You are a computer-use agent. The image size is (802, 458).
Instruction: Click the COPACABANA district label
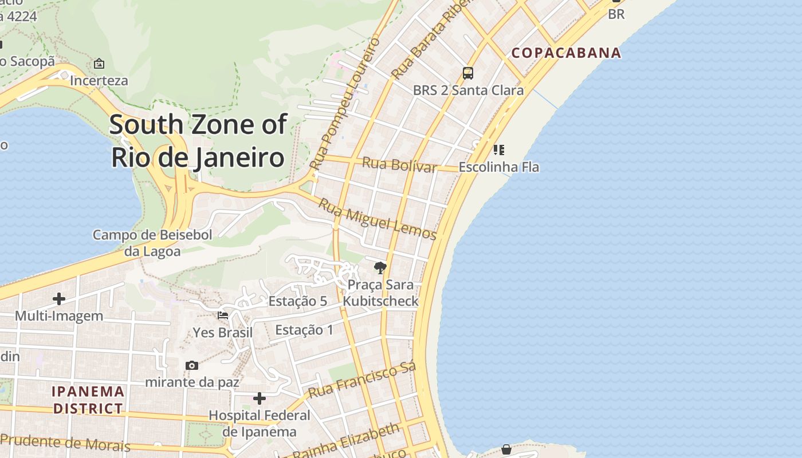pyautogui.click(x=566, y=53)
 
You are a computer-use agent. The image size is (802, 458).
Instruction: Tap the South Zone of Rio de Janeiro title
pyautogui.click(x=198, y=141)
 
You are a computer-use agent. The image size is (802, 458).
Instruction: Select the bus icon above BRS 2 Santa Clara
pyautogui.click(x=468, y=73)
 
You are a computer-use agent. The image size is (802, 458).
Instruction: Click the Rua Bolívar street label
pyautogui.click(x=399, y=165)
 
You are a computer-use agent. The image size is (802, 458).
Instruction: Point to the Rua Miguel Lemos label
pyautogui.click(x=378, y=219)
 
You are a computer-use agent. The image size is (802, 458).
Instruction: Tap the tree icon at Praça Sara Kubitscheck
pyautogui.click(x=379, y=267)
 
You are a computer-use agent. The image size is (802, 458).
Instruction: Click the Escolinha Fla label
pyautogui.click(x=499, y=168)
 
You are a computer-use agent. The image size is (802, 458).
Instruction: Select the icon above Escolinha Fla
pyautogui.click(x=499, y=150)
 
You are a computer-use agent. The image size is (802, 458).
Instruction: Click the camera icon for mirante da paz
pyautogui.click(x=192, y=365)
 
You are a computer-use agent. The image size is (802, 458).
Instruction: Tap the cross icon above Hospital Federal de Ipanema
pyautogui.click(x=260, y=398)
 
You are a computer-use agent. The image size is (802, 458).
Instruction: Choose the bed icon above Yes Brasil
pyautogui.click(x=223, y=315)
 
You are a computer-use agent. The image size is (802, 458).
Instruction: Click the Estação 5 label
pyautogui.click(x=298, y=301)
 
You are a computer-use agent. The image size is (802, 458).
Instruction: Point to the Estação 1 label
pyautogui.click(x=304, y=330)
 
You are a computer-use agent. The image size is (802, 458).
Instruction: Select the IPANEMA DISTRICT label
pyautogui.click(x=88, y=400)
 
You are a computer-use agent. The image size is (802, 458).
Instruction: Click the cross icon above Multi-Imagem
pyautogui.click(x=58, y=299)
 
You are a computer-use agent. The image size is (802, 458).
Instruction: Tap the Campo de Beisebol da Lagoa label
pyautogui.click(x=152, y=243)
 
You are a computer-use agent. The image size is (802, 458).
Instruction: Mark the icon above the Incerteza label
pyautogui.click(x=99, y=64)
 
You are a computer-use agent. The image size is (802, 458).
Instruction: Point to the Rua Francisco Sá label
pyautogui.click(x=361, y=380)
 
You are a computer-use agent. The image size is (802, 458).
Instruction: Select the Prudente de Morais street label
pyautogui.click(x=65, y=442)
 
